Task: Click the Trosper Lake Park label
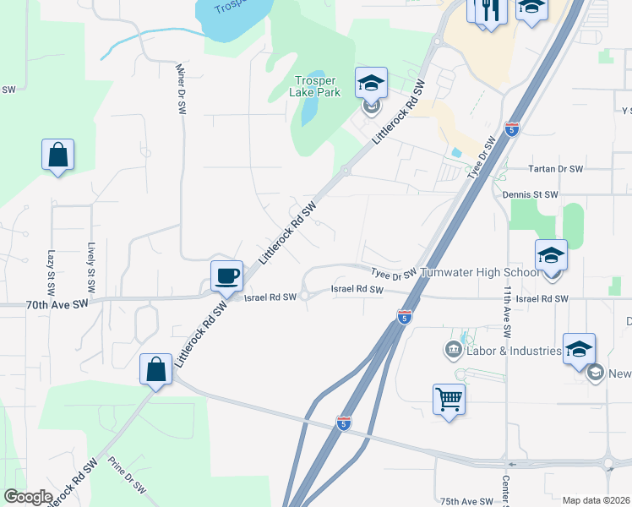tap(314, 87)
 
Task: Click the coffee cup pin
tap(227, 275)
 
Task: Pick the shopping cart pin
tap(449, 399)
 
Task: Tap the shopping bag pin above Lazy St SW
tap(57, 155)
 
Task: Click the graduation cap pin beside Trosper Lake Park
tap(371, 83)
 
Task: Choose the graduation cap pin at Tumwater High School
tap(551, 254)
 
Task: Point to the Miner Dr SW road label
tap(180, 90)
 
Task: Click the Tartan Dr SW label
tap(555, 169)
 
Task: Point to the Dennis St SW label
tap(530, 194)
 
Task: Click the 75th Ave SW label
tap(466, 500)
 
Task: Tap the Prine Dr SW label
tap(127, 477)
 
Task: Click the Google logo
tap(28, 497)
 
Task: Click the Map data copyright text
tap(596, 500)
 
